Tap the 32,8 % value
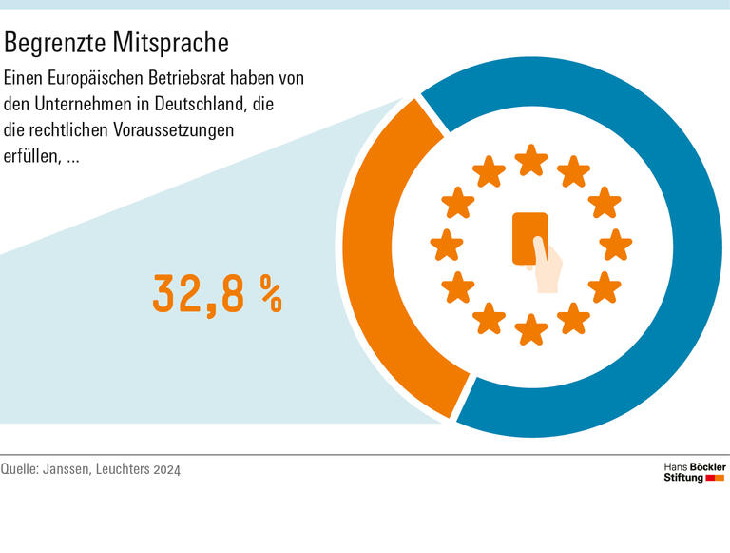(218, 294)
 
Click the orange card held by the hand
(528, 237)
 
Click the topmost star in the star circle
(531, 160)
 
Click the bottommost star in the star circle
(531, 329)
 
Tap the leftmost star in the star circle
(447, 245)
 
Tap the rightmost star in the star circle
(616, 245)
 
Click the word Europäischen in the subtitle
(86, 78)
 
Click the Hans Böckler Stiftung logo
(694, 471)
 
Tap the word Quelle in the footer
(20, 469)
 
